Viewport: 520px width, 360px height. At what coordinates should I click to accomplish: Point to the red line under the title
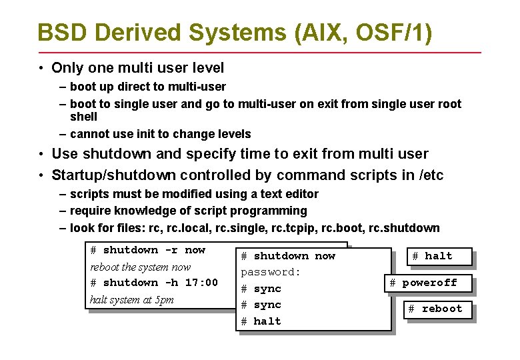click(x=259, y=52)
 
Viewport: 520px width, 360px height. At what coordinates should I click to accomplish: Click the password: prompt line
click(x=271, y=272)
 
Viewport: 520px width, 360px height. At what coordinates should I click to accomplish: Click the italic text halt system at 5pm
click(x=131, y=299)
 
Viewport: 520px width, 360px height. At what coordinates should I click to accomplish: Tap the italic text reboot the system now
click(x=140, y=267)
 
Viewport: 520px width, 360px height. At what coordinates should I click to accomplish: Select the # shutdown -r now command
click(x=147, y=250)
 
